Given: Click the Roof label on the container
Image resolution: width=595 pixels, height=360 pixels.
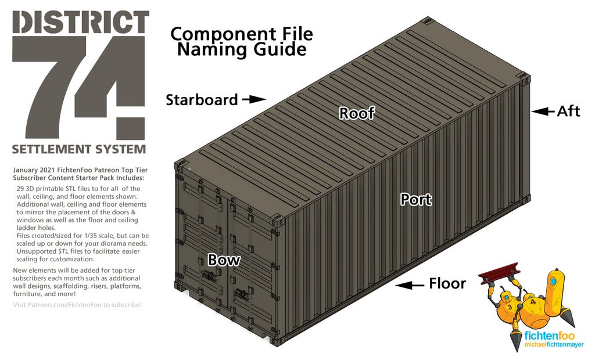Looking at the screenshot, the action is click(357, 113).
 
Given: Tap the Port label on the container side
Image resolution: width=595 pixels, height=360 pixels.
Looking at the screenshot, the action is click(416, 200).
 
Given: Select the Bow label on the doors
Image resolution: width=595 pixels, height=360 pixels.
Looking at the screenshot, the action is click(224, 260).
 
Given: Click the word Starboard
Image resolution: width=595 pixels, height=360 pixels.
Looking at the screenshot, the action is click(202, 100).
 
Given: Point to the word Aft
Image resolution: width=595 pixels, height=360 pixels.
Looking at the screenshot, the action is click(568, 111).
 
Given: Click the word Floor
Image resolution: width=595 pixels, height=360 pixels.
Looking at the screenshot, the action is click(447, 284).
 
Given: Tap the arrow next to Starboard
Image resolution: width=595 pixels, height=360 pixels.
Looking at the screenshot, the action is click(253, 99).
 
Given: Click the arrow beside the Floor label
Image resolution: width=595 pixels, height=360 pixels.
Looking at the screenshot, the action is click(410, 285).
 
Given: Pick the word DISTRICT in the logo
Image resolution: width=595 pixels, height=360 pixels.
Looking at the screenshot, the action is click(80, 22).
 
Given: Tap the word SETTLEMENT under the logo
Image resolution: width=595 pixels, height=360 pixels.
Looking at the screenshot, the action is click(50, 149).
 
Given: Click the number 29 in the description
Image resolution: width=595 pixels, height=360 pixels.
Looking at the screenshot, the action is click(21, 189).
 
